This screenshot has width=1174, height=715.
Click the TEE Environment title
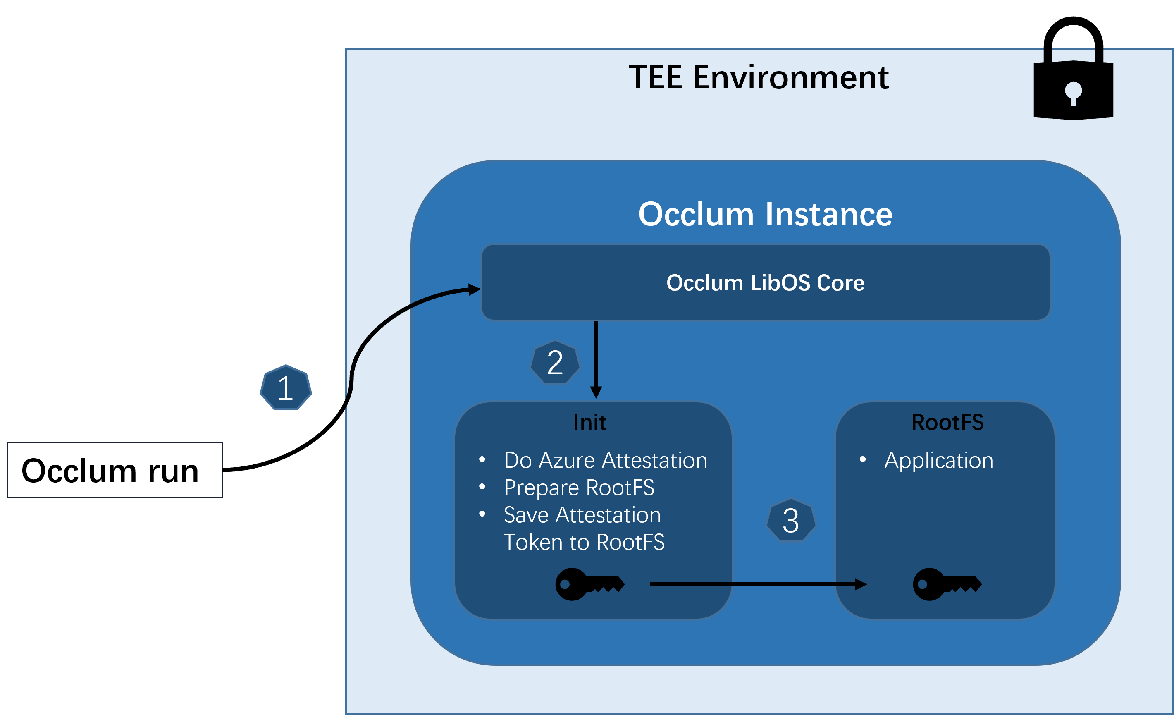coord(758,77)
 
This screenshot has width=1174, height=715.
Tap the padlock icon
coord(1073,86)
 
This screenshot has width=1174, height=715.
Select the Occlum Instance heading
coord(765,214)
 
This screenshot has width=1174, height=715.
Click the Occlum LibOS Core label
coord(765,283)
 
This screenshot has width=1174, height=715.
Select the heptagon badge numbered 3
coord(791,521)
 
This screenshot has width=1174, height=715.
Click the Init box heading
coord(590,422)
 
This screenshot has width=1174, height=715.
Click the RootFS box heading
coord(947,422)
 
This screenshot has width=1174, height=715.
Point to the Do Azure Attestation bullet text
coord(605,460)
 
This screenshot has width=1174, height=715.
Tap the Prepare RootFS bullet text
coord(579,488)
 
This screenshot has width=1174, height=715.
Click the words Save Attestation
coord(582,515)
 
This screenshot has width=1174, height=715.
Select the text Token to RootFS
coord(584,543)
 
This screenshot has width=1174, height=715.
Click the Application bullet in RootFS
coord(939,460)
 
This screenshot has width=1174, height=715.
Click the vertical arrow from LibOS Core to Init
coord(596,357)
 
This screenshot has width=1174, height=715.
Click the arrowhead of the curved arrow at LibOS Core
coord(474,289)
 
